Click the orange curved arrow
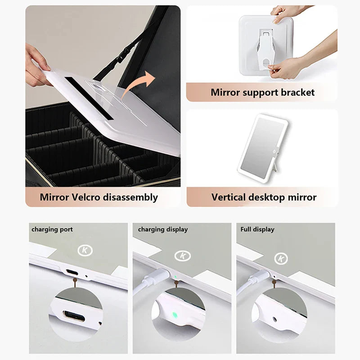point(143,87)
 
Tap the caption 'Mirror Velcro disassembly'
point(99,197)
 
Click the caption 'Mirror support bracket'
point(263,92)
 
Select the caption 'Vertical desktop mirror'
point(264,197)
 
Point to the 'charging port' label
point(52,229)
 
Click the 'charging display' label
point(162,229)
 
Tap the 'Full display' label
point(257,229)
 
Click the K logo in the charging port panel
point(84,250)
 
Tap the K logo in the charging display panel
point(183,256)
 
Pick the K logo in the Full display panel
point(282,258)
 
